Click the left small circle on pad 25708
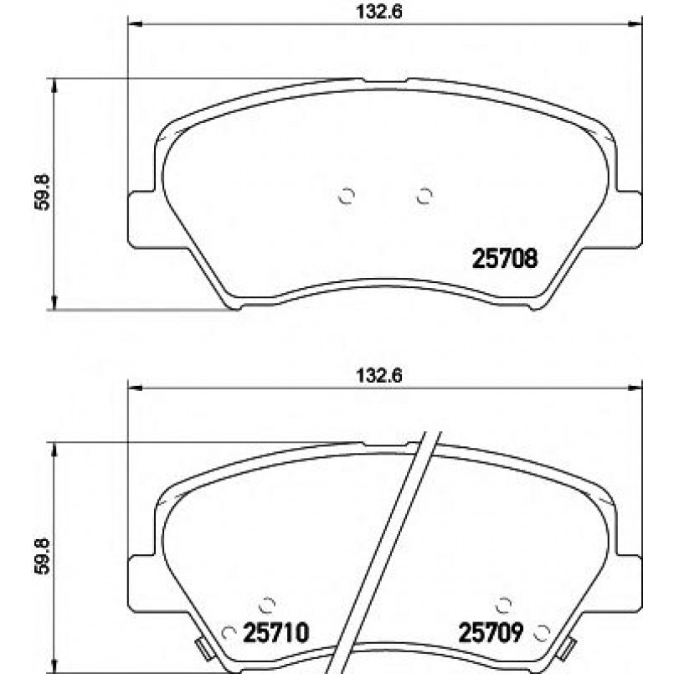(x=347, y=196)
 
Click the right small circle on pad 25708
(x=424, y=196)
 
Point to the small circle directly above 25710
(x=268, y=604)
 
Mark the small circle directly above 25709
(x=504, y=604)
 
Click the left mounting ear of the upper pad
(x=141, y=219)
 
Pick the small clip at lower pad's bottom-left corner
(x=202, y=647)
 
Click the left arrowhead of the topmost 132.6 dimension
(x=133, y=24)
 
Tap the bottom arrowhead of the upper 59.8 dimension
(x=54, y=304)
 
